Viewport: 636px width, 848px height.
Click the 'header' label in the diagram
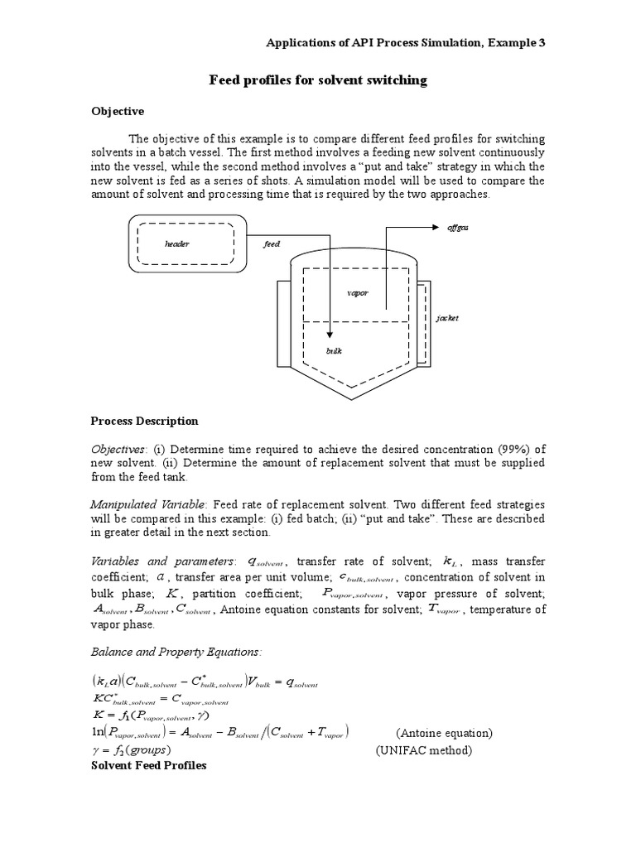177,244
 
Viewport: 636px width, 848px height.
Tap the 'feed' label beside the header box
272,244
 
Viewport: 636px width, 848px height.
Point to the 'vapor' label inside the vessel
358,293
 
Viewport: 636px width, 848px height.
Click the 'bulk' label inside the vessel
333,351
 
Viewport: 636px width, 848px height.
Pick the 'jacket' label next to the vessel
446,317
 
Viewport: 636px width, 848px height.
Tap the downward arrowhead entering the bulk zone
330,334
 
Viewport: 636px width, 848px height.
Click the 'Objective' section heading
117,111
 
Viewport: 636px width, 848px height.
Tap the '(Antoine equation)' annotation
444,733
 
